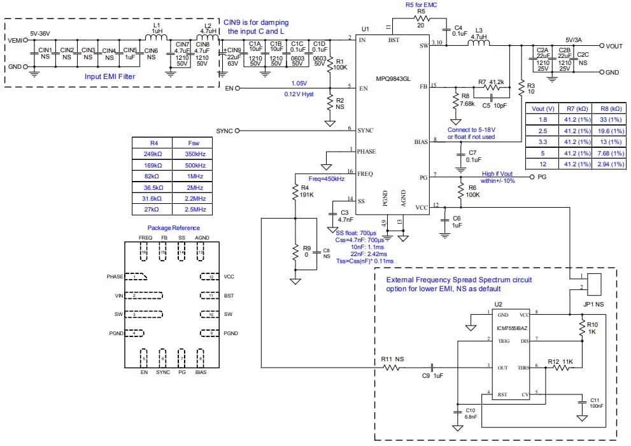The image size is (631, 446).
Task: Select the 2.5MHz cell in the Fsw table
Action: [x=190, y=209]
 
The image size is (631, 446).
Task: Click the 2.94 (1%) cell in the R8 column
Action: [x=605, y=164]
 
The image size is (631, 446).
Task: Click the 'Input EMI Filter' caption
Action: [x=114, y=76]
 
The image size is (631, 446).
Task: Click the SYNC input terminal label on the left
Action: [x=225, y=131]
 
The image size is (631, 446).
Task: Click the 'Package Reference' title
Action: [x=173, y=227]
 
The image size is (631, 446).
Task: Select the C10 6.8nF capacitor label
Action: [x=471, y=413]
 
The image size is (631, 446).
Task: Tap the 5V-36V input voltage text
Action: [x=44, y=32]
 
